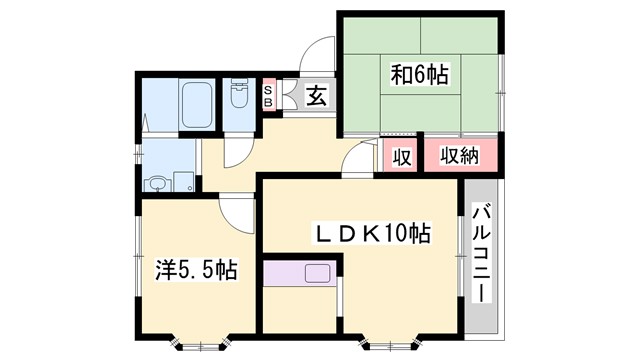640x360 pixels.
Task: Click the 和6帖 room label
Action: click(x=419, y=73)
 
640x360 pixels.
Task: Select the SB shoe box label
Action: click(x=268, y=97)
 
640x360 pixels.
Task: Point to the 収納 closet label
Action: click(x=459, y=156)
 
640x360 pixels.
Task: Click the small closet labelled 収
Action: click(x=401, y=157)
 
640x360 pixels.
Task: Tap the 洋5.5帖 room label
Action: click(x=196, y=269)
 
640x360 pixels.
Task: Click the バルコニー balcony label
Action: click(x=480, y=254)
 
